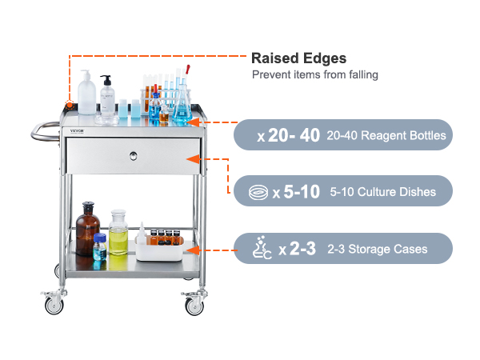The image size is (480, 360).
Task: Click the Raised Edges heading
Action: click(x=298, y=58)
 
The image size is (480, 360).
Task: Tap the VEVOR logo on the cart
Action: click(x=77, y=131)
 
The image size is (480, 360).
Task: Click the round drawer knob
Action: click(x=133, y=156)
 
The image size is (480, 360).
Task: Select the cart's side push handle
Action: click(x=45, y=132)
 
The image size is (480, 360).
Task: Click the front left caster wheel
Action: click(x=54, y=305)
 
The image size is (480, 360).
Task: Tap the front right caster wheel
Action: click(x=194, y=306)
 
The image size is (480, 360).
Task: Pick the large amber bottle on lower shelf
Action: click(x=87, y=229)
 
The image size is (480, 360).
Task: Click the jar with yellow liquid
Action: click(x=118, y=232)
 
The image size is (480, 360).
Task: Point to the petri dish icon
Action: click(x=258, y=193)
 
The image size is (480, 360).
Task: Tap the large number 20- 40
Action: click(x=294, y=135)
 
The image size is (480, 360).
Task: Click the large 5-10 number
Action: click(x=302, y=192)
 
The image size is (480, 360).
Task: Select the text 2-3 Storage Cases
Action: click(x=377, y=249)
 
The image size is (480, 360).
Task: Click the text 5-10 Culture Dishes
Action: click(x=382, y=192)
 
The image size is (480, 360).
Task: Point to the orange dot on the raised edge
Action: click(x=70, y=106)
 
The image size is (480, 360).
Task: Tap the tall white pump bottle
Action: click(x=86, y=93)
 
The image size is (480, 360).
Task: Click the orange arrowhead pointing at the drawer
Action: click(x=194, y=159)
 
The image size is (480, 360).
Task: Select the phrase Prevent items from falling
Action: click(x=315, y=74)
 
